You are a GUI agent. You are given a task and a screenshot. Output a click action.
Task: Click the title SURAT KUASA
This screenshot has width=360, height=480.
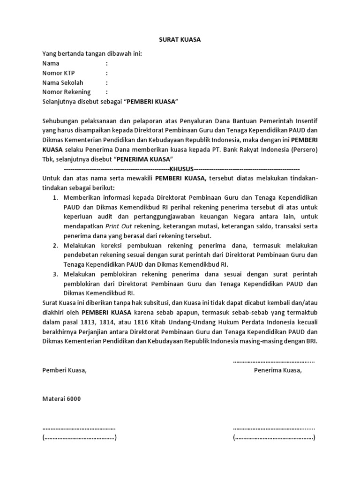pyautogui.click(x=180, y=40)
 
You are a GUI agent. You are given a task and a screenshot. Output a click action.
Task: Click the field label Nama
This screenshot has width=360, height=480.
pyautogui.click(x=51, y=63)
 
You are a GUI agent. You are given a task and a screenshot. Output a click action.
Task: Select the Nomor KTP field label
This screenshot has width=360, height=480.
pyautogui.click(x=59, y=73)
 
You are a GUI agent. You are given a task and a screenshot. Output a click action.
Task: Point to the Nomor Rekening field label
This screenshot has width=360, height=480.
pyautogui.click(x=67, y=92)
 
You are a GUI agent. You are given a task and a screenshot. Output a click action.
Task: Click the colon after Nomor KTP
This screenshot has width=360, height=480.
pyautogui.click(x=107, y=73)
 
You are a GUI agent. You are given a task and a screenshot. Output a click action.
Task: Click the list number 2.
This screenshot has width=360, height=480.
pyautogui.click(x=55, y=246)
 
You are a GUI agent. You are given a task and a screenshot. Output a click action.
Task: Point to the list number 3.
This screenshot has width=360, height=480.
pyautogui.click(x=55, y=275)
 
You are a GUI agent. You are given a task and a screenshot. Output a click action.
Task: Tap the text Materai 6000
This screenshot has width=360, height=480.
pyautogui.click(x=61, y=399)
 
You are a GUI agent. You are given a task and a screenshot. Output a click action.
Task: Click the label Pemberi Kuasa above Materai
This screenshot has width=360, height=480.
pyautogui.click(x=65, y=370)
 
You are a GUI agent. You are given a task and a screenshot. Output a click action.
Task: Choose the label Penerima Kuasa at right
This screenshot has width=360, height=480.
pyautogui.click(x=278, y=370)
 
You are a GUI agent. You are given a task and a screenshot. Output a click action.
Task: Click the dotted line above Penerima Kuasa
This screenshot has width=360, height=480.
pyautogui.click(x=274, y=361)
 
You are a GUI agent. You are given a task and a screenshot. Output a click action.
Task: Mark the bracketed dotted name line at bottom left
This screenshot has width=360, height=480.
pyautogui.click(x=79, y=438)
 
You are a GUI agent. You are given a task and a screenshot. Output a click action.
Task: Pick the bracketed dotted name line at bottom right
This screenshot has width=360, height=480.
pyautogui.click(x=274, y=438)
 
